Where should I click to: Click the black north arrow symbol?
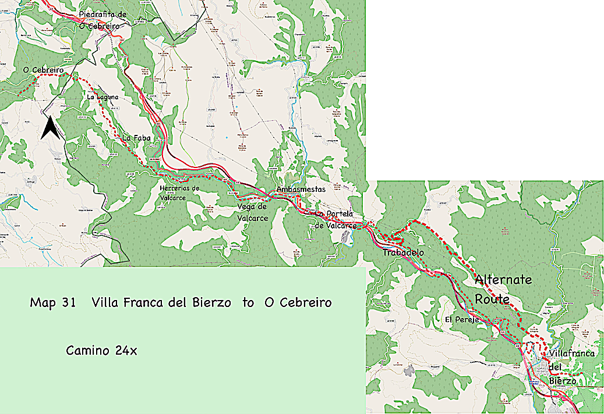tap(50, 127)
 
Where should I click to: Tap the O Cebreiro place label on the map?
tap(43, 70)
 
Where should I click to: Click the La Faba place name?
tap(135, 138)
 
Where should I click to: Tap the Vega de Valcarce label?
tap(252, 212)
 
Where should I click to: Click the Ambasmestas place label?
tap(301, 189)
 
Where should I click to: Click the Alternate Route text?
tap(502, 289)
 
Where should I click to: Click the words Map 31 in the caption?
tap(53, 302)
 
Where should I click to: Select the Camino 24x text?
tap(101, 351)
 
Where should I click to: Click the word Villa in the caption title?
tap(103, 302)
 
